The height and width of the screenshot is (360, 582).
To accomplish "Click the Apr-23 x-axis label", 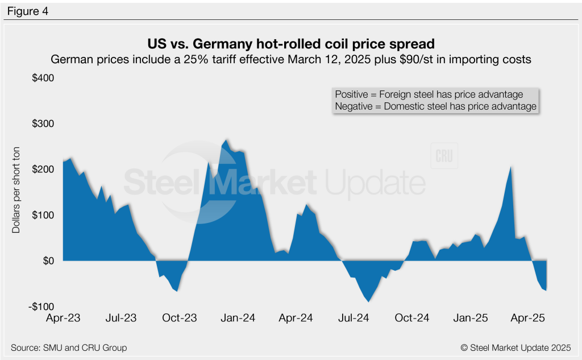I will tap(63, 318).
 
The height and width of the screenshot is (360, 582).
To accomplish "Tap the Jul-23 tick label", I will tap(121, 318).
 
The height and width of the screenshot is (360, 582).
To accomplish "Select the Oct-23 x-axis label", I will tap(180, 318).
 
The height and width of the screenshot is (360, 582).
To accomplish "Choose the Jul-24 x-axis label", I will tap(355, 318).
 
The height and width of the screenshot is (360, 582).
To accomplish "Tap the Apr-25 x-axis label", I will tap(529, 318).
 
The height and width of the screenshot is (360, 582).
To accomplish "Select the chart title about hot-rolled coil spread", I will tap(291, 44).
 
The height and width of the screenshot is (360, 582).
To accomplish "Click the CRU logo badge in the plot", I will tap(444, 157).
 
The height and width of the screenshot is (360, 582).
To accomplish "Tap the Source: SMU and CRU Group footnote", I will tap(69, 347).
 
